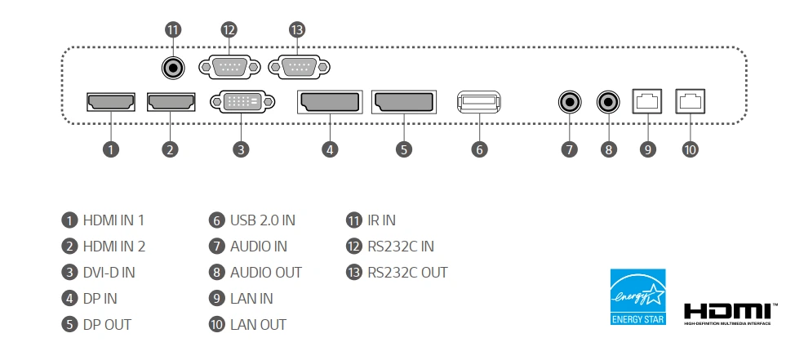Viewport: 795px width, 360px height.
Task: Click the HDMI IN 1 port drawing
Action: (110, 102)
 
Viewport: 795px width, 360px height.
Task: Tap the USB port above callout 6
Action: (479, 103)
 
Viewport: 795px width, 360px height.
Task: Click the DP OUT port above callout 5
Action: (404, 103)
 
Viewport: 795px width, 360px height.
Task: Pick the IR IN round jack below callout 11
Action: (172, 67)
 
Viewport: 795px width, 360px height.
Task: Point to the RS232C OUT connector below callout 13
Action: (296, 66)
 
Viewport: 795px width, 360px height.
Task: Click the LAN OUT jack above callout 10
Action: (691, 102)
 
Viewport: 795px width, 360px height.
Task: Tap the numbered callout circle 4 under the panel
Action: (329, 149)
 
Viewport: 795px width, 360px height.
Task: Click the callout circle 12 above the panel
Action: (228, 29)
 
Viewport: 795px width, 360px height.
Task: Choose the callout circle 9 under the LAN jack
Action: (648, 149)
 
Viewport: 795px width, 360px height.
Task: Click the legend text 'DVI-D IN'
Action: (109, 272)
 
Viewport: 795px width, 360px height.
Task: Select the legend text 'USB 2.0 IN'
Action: (262, 220)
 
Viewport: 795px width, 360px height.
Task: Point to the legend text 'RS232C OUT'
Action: (407, 272)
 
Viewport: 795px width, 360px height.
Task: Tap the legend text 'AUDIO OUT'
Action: (266, 272)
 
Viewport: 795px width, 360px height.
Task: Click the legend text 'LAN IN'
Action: (251, 298)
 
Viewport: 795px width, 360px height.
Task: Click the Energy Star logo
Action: (638, 296)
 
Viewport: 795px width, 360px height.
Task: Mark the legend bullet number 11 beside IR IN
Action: (353, 220)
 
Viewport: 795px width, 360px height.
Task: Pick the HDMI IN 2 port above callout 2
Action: (170, 102)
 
